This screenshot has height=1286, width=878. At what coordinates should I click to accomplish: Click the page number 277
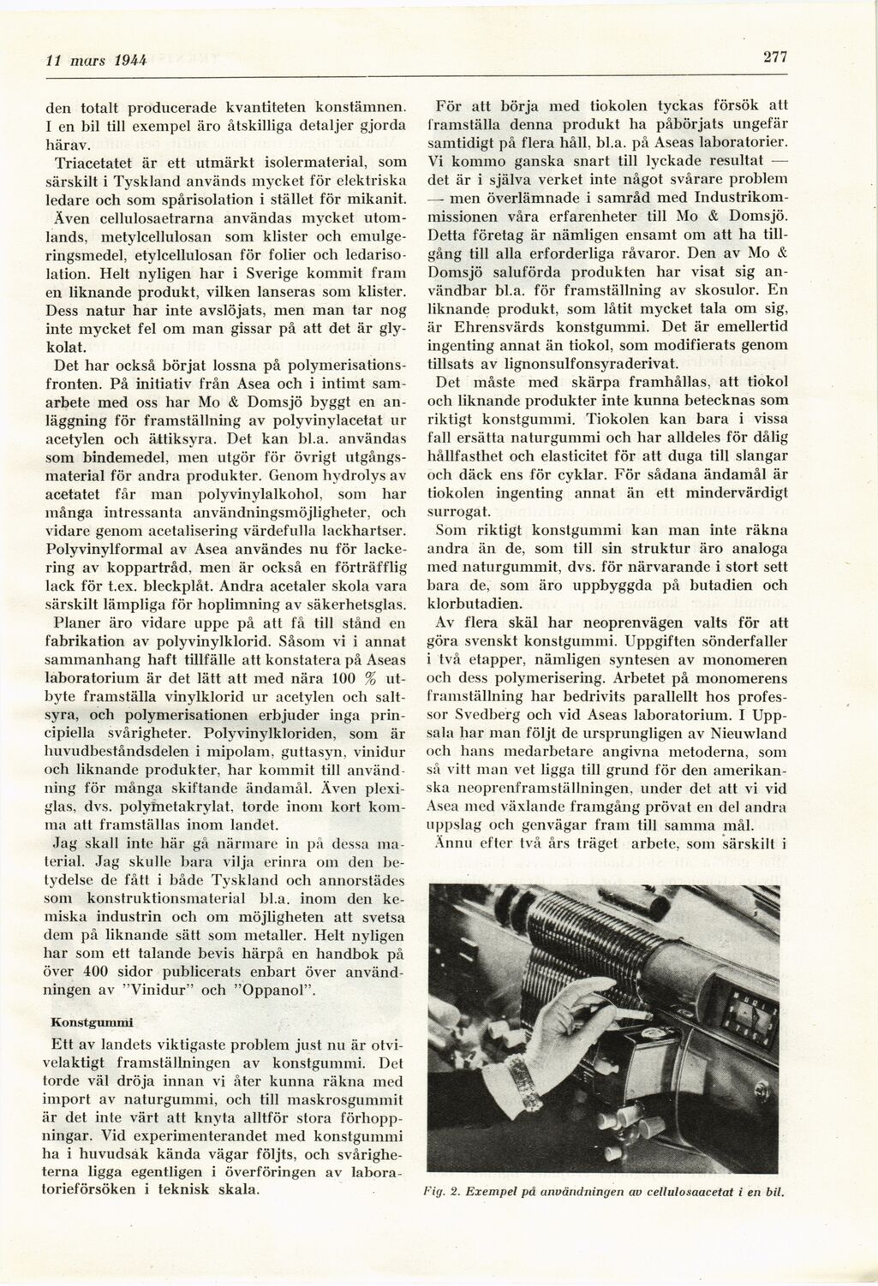774,57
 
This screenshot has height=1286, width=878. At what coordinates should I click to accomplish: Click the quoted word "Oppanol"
283,991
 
